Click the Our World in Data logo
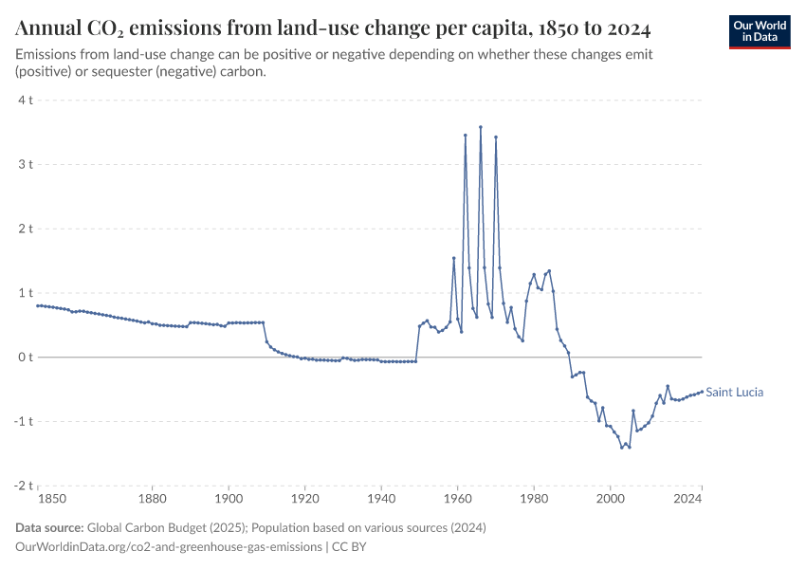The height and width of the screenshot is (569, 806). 759,31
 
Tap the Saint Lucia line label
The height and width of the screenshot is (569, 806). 735,392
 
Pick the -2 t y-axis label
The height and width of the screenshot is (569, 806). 24,485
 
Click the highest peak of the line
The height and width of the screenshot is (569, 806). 481,126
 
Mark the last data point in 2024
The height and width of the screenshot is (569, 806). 702,391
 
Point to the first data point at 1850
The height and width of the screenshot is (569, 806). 38,305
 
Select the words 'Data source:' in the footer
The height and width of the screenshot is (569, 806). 49,527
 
